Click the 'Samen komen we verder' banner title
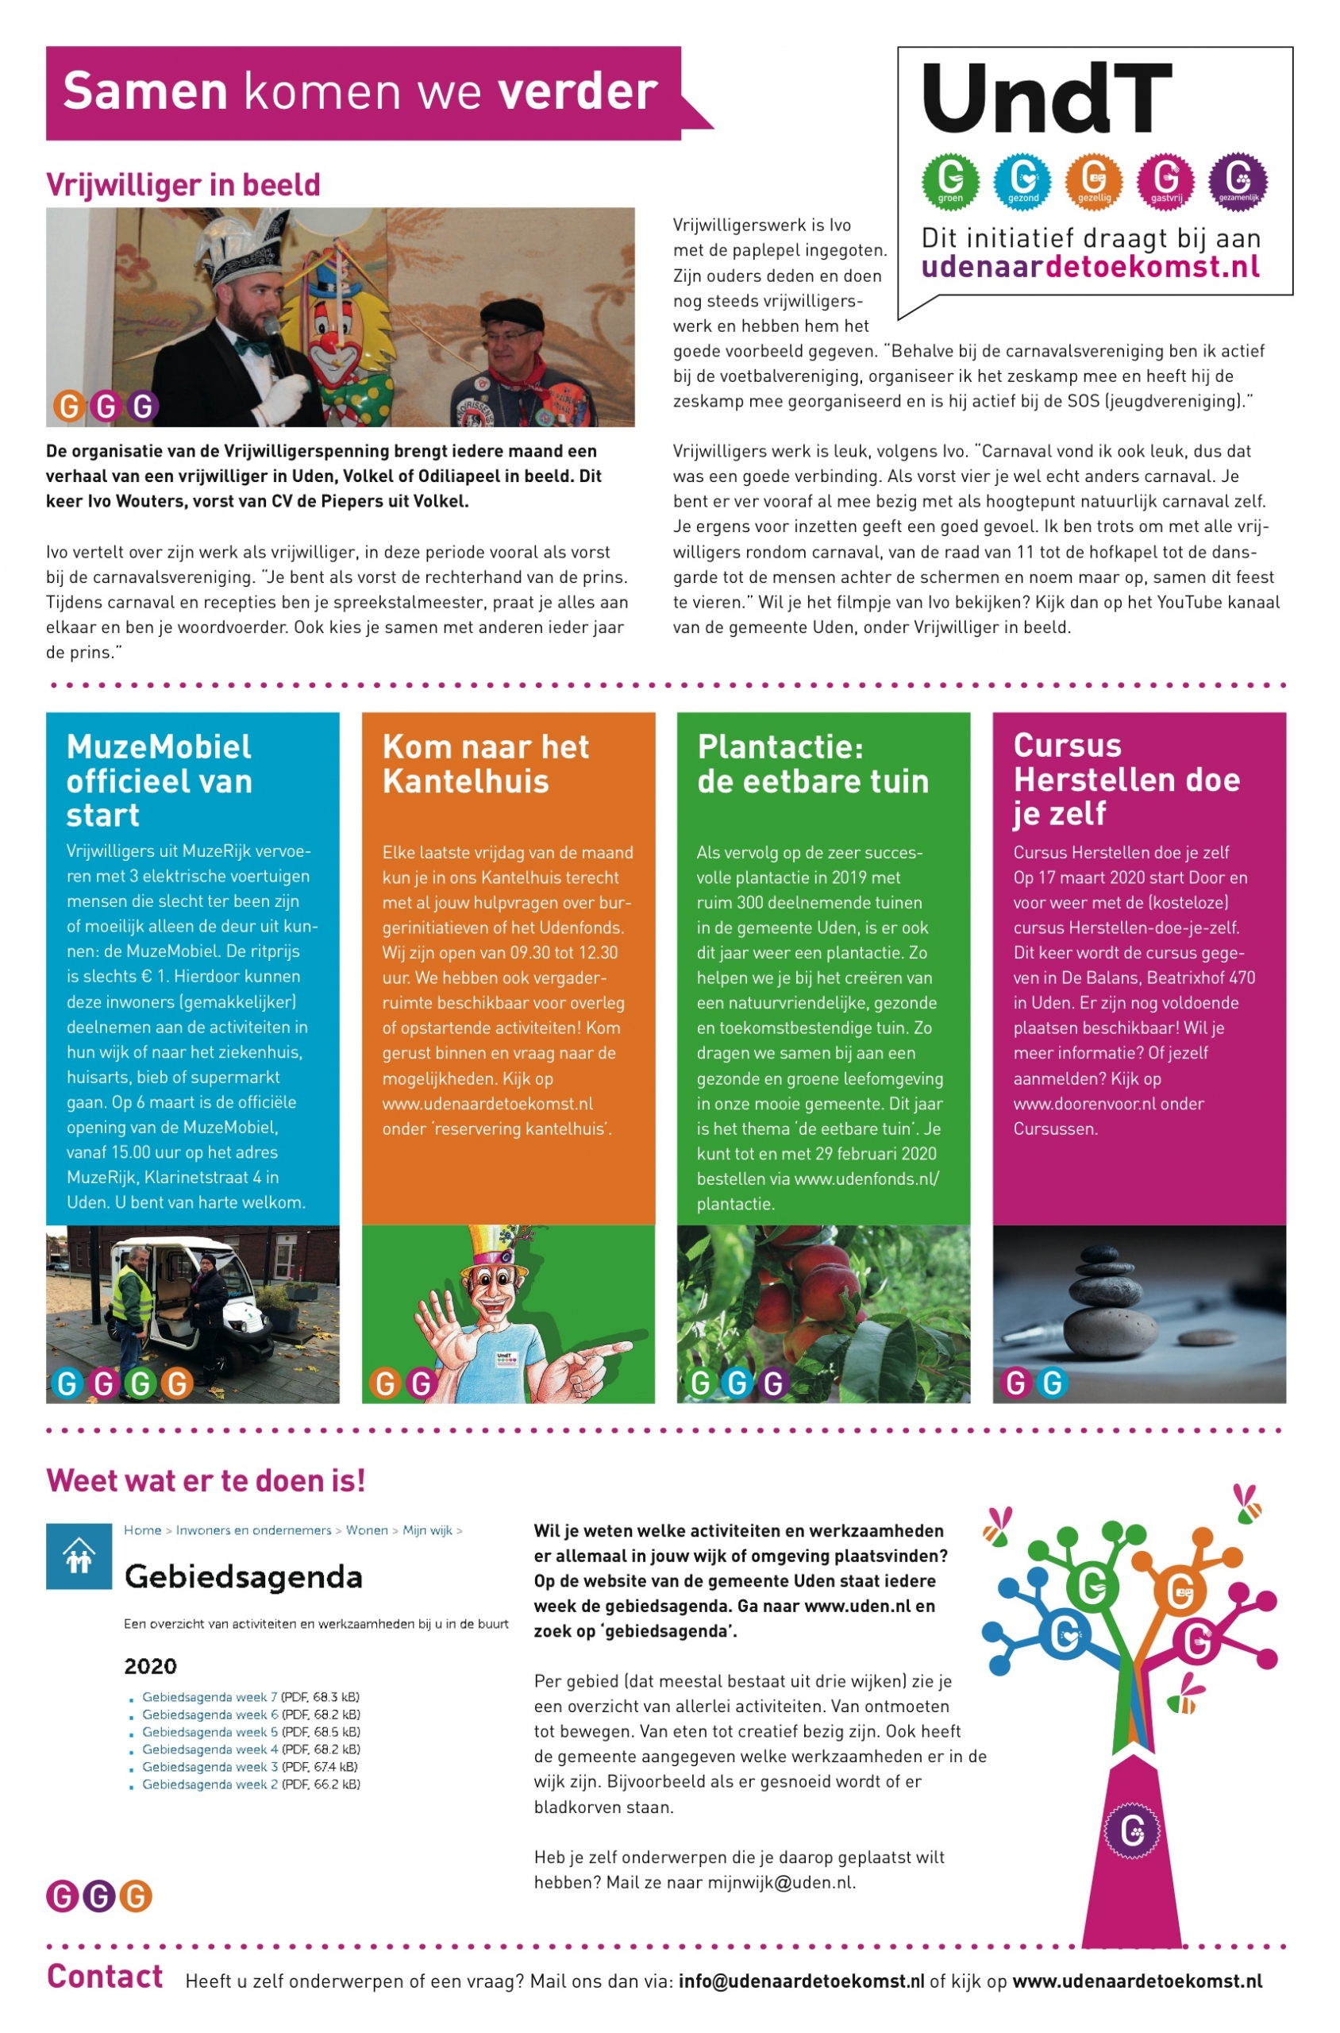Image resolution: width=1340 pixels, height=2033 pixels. click(x=360, y=91)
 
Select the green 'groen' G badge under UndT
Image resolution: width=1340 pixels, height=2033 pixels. click(x=950, y=180)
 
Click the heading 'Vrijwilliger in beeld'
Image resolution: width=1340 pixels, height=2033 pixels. click(x=183, y=185)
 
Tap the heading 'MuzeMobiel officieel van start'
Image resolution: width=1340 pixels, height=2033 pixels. click(x=160, y=780)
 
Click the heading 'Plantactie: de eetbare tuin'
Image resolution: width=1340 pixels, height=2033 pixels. click(x=812, y=763)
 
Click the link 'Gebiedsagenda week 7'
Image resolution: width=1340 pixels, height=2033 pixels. click(x=210, y=1697)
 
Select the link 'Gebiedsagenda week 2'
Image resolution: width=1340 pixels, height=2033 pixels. click(x=210, y=1784)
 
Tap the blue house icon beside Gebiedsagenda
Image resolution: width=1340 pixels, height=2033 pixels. click(x=79, y=1557)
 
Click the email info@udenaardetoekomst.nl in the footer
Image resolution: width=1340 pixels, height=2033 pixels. click(x=801, y=1981)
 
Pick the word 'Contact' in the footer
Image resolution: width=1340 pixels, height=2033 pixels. click(x=104, y=1977)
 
